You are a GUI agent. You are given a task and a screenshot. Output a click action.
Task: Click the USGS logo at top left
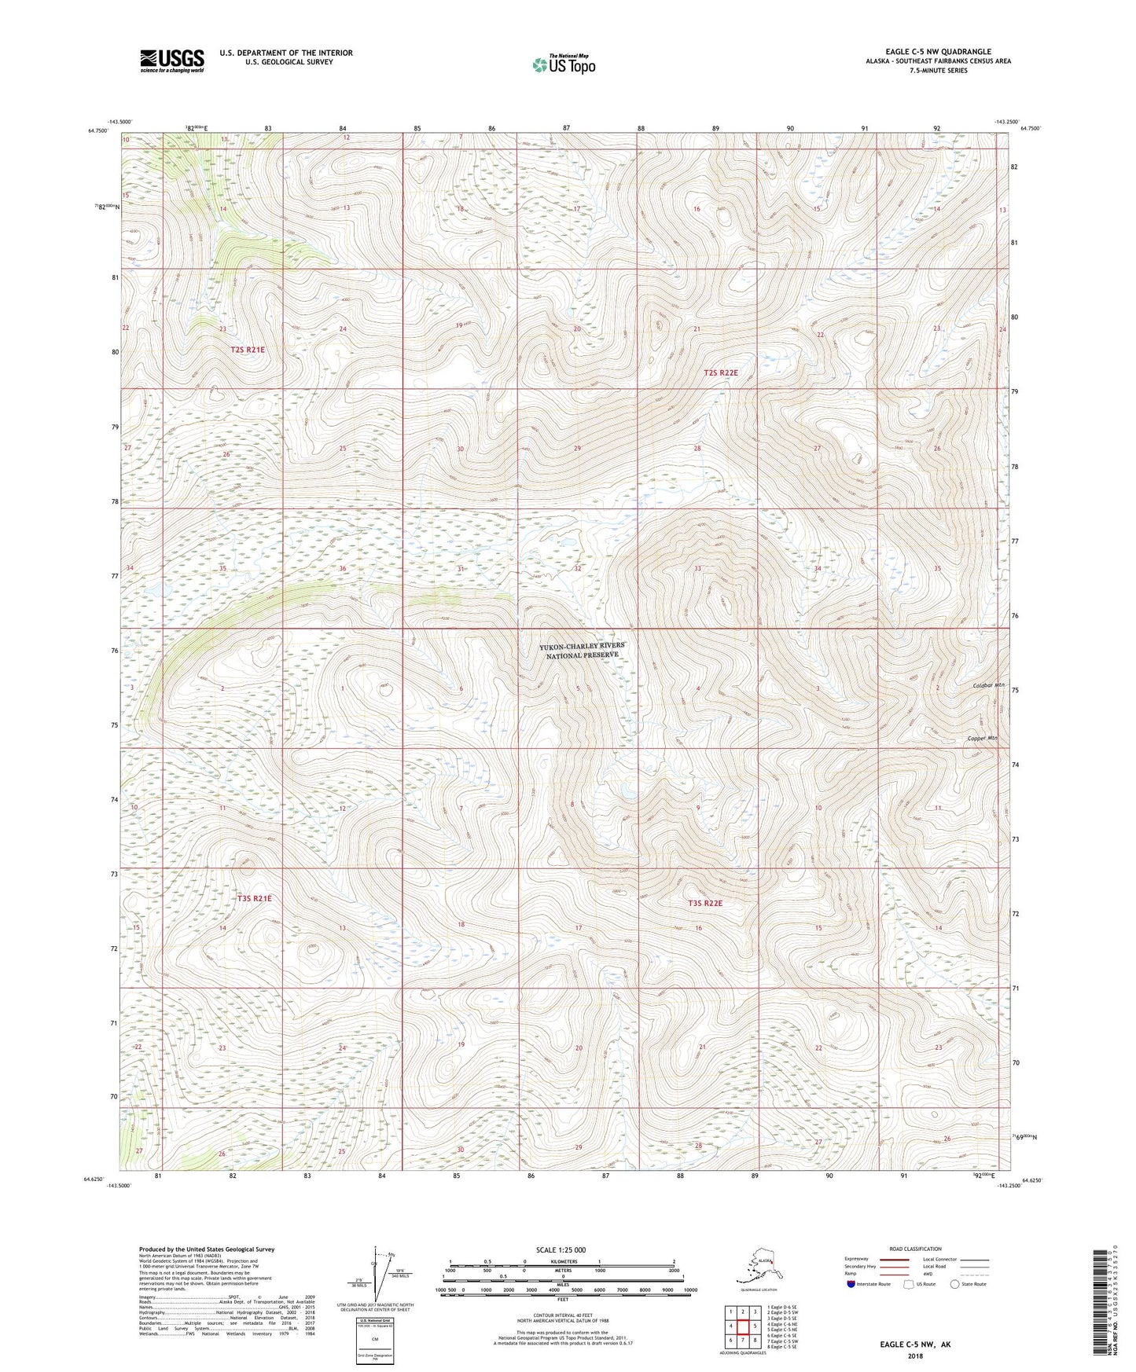[x=172, y=61]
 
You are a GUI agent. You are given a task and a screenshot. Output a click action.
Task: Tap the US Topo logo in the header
[x=563, y=64]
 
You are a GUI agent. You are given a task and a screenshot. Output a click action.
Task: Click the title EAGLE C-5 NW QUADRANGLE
[x=938, y=52]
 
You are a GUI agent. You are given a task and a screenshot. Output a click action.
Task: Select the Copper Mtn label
[x=982, y=739]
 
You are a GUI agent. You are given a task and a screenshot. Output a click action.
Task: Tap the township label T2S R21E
[x=248, y=350]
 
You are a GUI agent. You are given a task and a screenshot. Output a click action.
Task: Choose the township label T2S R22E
[x=720, y=372]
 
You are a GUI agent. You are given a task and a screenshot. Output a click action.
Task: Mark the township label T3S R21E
[x=254, y=897]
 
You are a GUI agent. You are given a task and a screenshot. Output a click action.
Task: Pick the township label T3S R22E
[x=704, y=904]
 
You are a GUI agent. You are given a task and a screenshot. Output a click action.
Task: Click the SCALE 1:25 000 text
[x=561, y=1249]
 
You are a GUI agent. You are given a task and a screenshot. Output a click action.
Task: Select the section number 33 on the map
[x=697, y=568]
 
